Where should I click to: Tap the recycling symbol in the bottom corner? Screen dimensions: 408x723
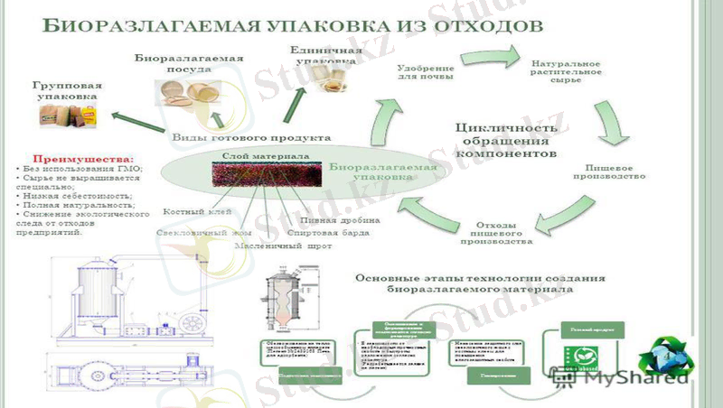pos(672,358)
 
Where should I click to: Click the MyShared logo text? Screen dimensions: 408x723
pos(633,380)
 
